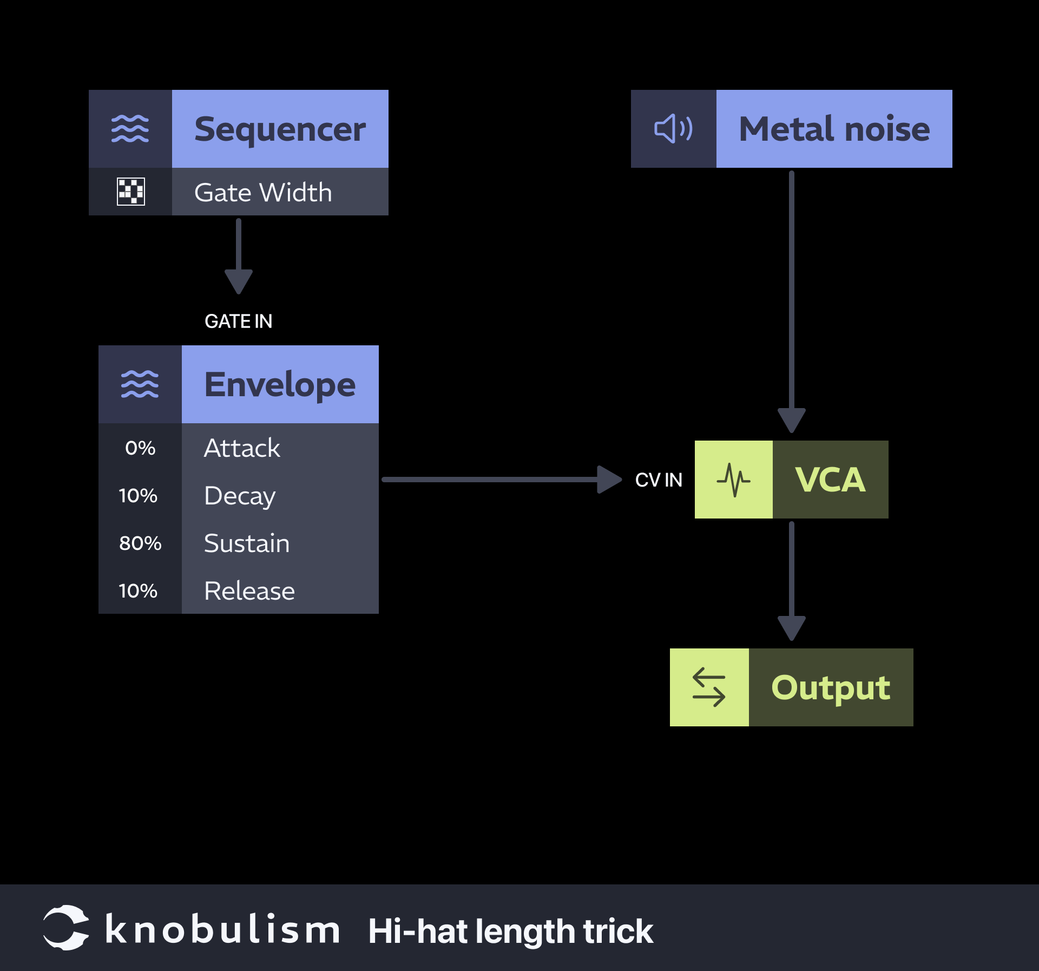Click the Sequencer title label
(x=280, y=129)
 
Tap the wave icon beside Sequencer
(x=130, y=129)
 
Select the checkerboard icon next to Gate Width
(x=131, y=192)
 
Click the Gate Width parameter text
(x=263, y=193)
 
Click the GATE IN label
(x=238, y=322)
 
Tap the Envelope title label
(x=280, y=385)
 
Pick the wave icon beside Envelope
(x=140, y=384)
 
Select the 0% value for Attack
(x=140, y=448)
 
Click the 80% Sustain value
(x=140, y=543)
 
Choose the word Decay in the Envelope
(x=240, y=496)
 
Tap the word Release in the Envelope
(x=249, y=591)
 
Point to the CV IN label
(x=659, y=480)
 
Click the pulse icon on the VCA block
(x=733, y=480)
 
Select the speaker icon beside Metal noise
(x=673, y=129)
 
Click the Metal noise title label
(x=834, y=129)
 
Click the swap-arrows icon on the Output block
(x=709, y=687)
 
